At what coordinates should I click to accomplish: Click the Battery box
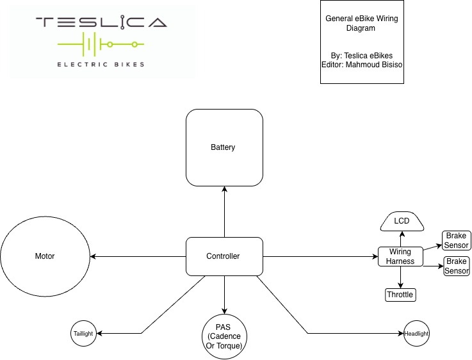[224, 147]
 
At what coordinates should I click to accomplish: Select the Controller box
[224, 256]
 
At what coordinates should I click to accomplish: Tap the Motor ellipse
[45, 256]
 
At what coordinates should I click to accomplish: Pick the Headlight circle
[416, 334]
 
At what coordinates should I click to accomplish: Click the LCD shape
[402, 222]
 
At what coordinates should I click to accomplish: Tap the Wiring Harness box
[401, 256]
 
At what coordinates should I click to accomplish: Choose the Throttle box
[400, 295]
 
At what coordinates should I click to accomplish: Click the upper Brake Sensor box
[457, 240]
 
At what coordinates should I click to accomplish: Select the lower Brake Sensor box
[457, 266]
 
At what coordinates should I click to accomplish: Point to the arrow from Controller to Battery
[224, 211]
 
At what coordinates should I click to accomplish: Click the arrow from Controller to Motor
[138, 256]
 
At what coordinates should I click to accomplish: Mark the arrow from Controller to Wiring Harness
[320, 256]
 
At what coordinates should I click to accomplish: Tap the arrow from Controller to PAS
[224, 295]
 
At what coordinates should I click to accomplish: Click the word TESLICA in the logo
[101, 23]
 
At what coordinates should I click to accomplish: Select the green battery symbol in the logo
[100, 45]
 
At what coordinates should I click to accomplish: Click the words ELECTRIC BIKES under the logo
[101, 64]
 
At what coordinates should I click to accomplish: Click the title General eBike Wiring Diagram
[362, 23]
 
